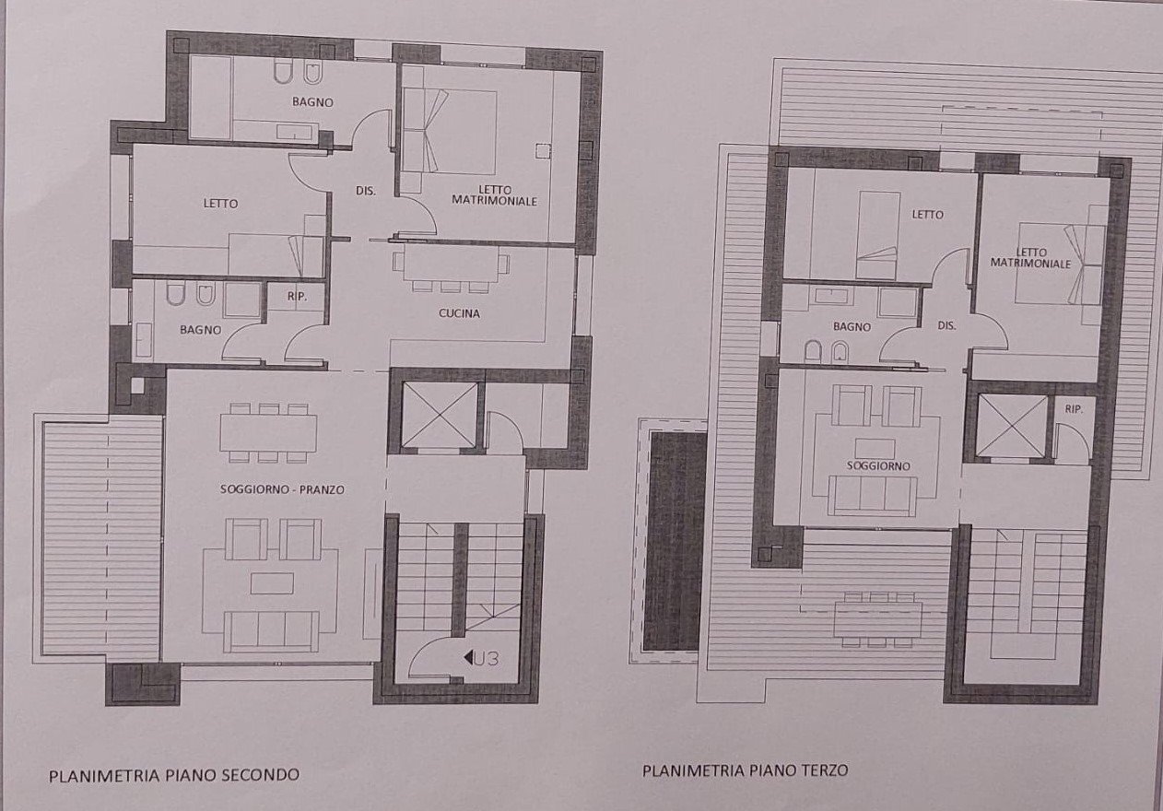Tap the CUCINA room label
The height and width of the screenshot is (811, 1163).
[x=459, y=313]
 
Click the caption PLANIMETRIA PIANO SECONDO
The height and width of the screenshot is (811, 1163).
[x=174, y=775]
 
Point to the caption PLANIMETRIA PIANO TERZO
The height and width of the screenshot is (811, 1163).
[x=745, y=770]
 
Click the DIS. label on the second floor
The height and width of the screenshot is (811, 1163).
[x=366, y=192]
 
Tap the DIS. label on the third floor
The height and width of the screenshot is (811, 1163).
[x=946, y=326]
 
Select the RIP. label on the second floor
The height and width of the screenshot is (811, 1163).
[x=296, y=297]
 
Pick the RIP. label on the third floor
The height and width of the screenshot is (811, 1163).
[x=1073, y=409]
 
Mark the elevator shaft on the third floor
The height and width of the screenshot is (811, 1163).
[x=1011, y=425]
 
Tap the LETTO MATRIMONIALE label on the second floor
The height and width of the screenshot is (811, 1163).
[x=494, y=194]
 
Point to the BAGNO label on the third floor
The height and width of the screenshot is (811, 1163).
[x=852, y=326]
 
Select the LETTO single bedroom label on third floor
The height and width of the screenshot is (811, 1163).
[x=927, y=215]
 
